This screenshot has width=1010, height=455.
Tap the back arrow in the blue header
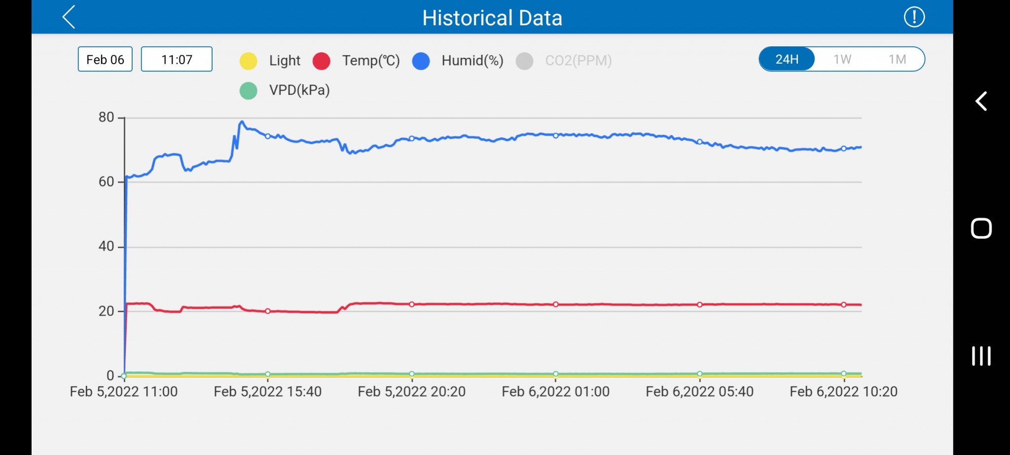[69, 17]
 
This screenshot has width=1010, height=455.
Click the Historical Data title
[492, 18]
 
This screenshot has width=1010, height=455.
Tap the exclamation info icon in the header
[914, 17]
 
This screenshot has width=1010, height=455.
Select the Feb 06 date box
[105, 59]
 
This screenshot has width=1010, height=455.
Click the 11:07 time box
[177, 59]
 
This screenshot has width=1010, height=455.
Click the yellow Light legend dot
[249, 61]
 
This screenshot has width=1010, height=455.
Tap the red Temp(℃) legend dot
[322, 61]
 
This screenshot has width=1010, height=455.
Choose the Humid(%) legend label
[472, 61]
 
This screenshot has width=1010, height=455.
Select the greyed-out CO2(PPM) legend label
[578, 61]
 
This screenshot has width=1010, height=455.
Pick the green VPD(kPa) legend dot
[249, 90]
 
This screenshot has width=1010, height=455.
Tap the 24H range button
[787, 59]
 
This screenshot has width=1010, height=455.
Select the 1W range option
[842, 59]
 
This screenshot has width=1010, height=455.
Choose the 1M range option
[897, 59]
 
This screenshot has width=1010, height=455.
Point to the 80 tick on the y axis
[106, 117]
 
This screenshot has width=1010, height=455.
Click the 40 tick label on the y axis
[106, 246]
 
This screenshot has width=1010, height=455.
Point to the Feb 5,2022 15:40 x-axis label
[267, 392]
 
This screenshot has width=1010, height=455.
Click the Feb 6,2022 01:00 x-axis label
[555, 392]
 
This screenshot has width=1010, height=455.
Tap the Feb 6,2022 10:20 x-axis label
[843, 392]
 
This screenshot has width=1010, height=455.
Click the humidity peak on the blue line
[242, 121]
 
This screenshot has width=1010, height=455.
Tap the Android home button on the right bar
[981, 228]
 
